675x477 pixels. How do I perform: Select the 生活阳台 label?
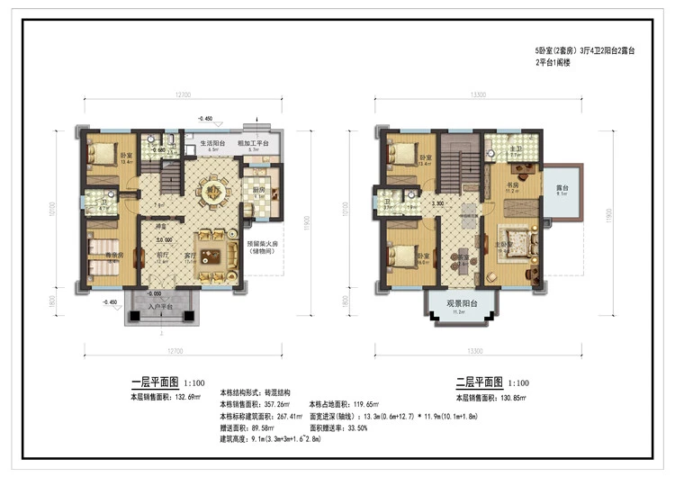pos(213,143)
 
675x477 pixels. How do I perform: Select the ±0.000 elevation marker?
pos(164,239)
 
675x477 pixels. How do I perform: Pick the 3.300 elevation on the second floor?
pos(439,204)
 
